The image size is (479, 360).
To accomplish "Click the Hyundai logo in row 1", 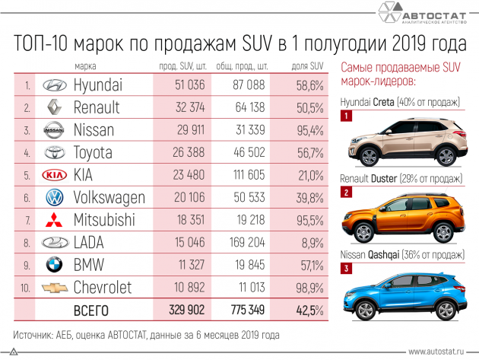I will pyautogui.click(x=52, y=84).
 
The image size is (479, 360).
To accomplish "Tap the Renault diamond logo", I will pyautogui.click(x=52, y=107).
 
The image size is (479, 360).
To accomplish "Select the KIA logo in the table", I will pyautogui.click(x=52, y=174).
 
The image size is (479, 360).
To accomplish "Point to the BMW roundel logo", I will pyautogui.click(x=52, y=264).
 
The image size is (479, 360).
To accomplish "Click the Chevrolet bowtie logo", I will pyautogui.click(x=52, y=287).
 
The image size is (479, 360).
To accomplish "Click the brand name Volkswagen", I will pyautogui.click(x=109, y=197).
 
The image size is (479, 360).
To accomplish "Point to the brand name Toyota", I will pyautogui.click(x=97, y=152).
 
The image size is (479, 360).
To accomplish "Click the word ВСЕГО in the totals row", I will pyautogui.click(x=90, y=311).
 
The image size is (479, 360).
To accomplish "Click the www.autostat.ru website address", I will pyautogui.click(x=439, y=352).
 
